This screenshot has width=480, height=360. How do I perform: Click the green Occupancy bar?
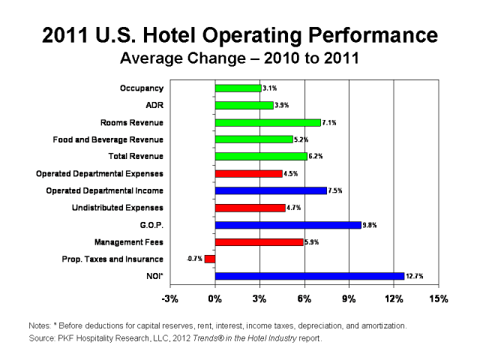(238, 88)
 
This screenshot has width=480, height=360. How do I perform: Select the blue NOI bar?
(309, 276)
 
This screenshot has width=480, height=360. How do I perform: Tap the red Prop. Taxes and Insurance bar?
(210, 259)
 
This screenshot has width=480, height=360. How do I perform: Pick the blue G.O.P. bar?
(288, 224)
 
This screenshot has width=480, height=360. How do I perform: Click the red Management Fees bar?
(259, 242)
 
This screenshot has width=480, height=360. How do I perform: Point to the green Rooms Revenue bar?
(268, 122)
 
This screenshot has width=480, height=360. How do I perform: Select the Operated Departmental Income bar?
(271, 190)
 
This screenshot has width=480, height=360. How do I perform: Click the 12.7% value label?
(415, 276)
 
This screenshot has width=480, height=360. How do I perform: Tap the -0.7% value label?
(194, 259)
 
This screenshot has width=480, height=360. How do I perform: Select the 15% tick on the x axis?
(439, 299)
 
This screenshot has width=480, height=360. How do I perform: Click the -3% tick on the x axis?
(170, 299)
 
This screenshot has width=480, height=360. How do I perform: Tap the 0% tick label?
(215, 299)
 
